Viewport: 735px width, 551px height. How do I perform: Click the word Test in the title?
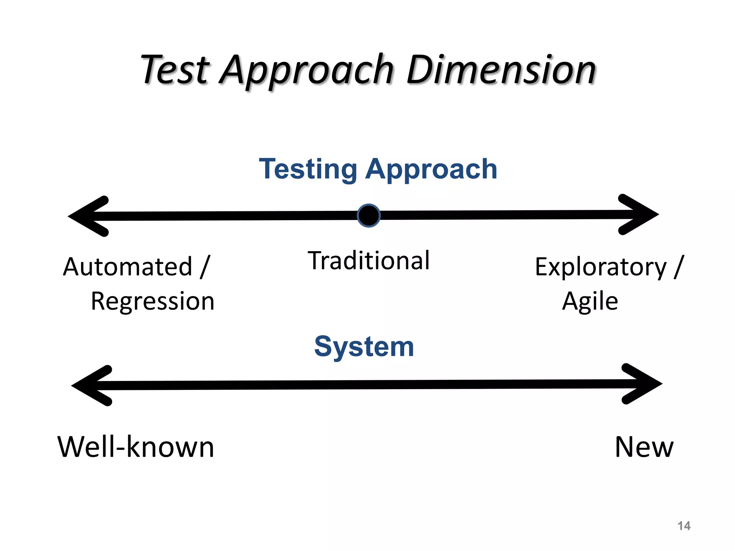point(175,70)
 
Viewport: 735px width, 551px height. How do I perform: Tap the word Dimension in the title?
point(501,70)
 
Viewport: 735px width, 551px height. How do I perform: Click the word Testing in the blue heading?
point(308,169)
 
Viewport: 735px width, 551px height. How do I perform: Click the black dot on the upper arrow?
point(369,216)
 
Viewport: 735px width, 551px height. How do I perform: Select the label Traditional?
point(369,260)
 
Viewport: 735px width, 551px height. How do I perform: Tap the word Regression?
point(153,301)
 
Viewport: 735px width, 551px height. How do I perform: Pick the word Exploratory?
point(600,267)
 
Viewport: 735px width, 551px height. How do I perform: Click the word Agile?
point(590,301)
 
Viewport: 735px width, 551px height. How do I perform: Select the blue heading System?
point(364,347)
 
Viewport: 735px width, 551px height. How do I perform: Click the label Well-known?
point(136,447)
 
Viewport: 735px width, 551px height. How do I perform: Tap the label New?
point(644,447)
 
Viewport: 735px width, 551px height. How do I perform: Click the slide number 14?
point(684,526)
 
